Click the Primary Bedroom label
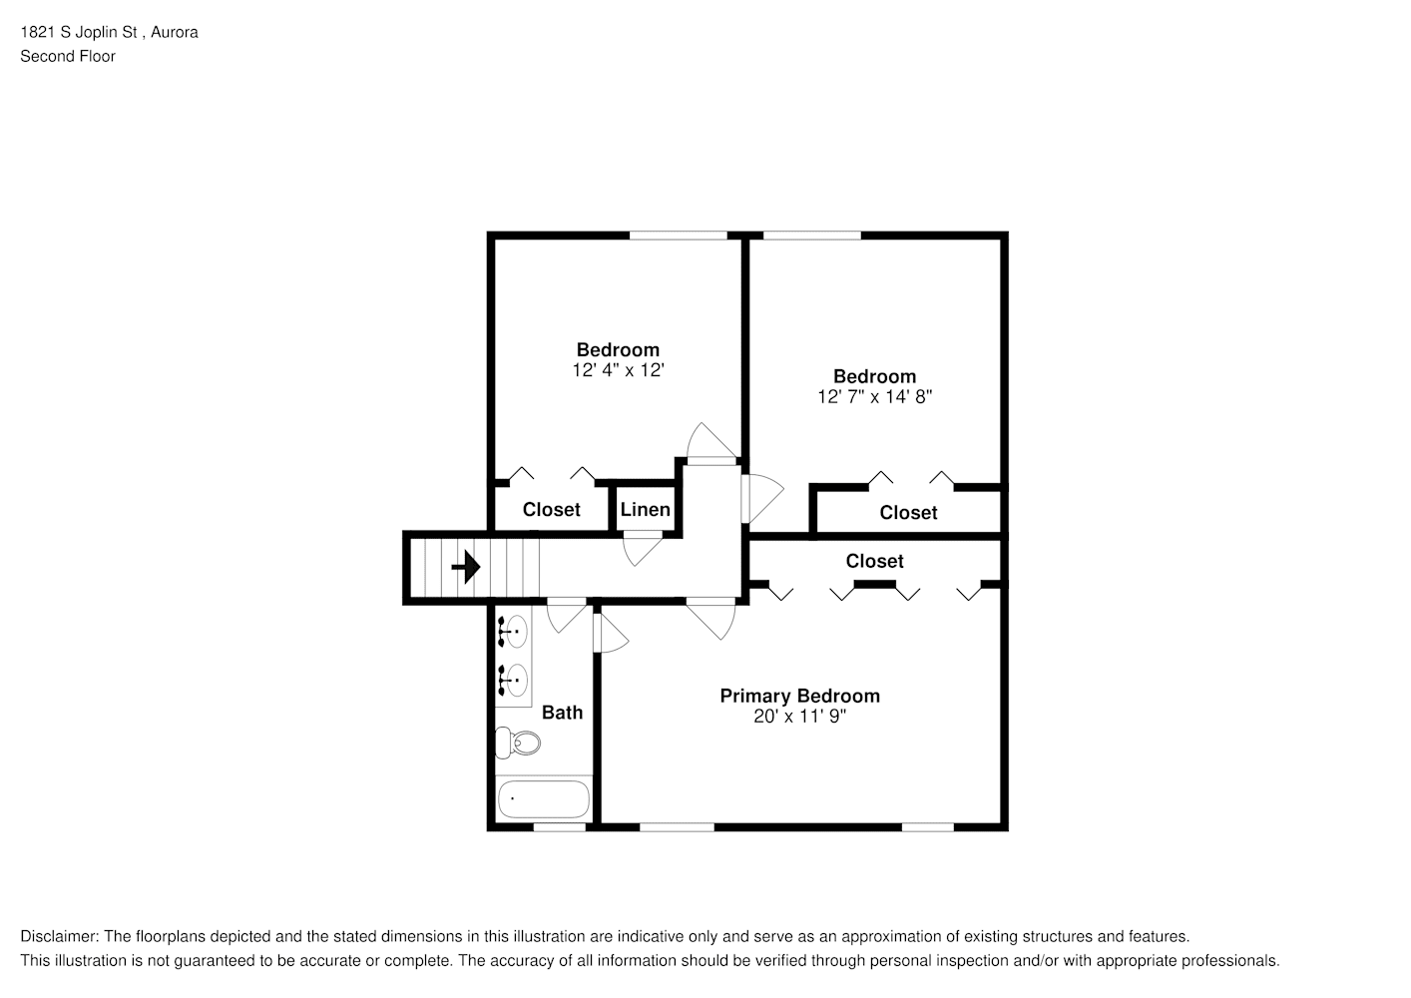pyautogui.click(x=799, y=696)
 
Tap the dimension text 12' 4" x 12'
pyautogui.click(x=618, y=370)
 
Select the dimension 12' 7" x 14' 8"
pyautogui.click(x=874, y=396)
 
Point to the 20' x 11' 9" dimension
pyautogui.click(x=799, y=717)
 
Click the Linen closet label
pyautogui.click(x=645, y=509)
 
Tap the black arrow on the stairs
pyautogui.click(x=466, y=567)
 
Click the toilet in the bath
pyautogui.click(x=518, y=744)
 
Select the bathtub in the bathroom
pyautogui.click(x=544, y=799)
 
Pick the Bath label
pyautogui.click(x=562, y=712)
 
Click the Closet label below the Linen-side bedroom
pyautogui.click(x=551, y=509)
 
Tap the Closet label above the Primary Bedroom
pyautogui.click(x=874, y=561)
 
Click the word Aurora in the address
pyautogui.click(x=175, y=32)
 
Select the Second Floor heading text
pyautogui.click(x=68, y=56)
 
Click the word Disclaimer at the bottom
pyautogui.click(x=60, y=936)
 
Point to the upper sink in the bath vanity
pyautogui.click(x=513, y=631)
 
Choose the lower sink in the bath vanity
pyautogui.click(x=513, y=681)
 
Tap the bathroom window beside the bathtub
pyautogui.click(x=560, y=826)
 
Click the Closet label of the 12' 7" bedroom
pyautogui.click(x=908, y=512)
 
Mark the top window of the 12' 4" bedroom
pyautogui.click(x=679, y=236)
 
